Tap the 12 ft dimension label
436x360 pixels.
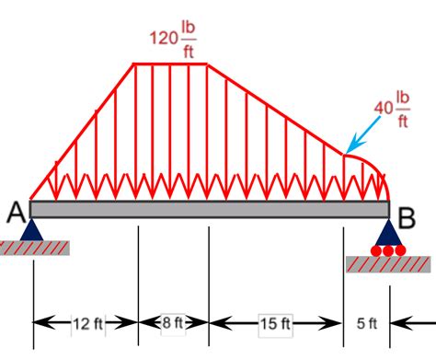86,323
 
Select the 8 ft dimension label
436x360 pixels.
173,323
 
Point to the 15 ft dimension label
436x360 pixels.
275,323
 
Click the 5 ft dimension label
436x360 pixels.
366,323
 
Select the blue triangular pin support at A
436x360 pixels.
32,229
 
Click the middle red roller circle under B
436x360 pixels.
388,250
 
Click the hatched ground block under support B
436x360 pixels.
386,263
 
